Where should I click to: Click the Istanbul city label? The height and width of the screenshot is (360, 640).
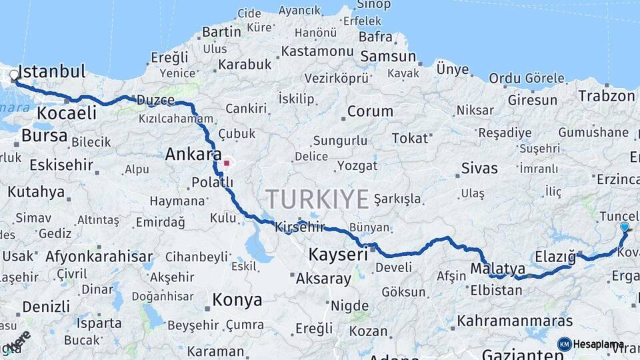point(52,71)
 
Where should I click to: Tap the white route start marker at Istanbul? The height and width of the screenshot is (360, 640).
point(14,75)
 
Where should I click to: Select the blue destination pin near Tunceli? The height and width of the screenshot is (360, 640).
point(625,227)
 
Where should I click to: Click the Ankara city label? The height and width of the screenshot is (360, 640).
point(193,155)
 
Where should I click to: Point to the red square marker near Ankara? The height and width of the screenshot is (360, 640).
point(227,162)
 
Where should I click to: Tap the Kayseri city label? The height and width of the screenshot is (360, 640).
point(338,254)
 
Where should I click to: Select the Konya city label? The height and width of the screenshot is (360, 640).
point(237,300)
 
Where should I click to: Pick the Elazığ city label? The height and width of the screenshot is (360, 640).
point(555,257)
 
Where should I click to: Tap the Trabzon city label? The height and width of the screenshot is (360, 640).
point(607,95)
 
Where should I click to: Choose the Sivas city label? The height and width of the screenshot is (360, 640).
point(479,167)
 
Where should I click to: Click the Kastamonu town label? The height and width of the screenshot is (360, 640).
point(317,51)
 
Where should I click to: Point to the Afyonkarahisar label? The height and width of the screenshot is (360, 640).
point(99,256)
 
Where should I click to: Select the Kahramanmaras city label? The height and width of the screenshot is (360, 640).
point(515,321)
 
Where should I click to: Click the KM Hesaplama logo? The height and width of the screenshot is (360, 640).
point(590,344)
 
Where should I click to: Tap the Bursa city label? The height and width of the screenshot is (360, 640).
point(44,136)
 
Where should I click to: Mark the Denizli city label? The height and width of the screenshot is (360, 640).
point(46,307)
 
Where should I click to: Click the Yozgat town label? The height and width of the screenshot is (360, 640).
point(357,166)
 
